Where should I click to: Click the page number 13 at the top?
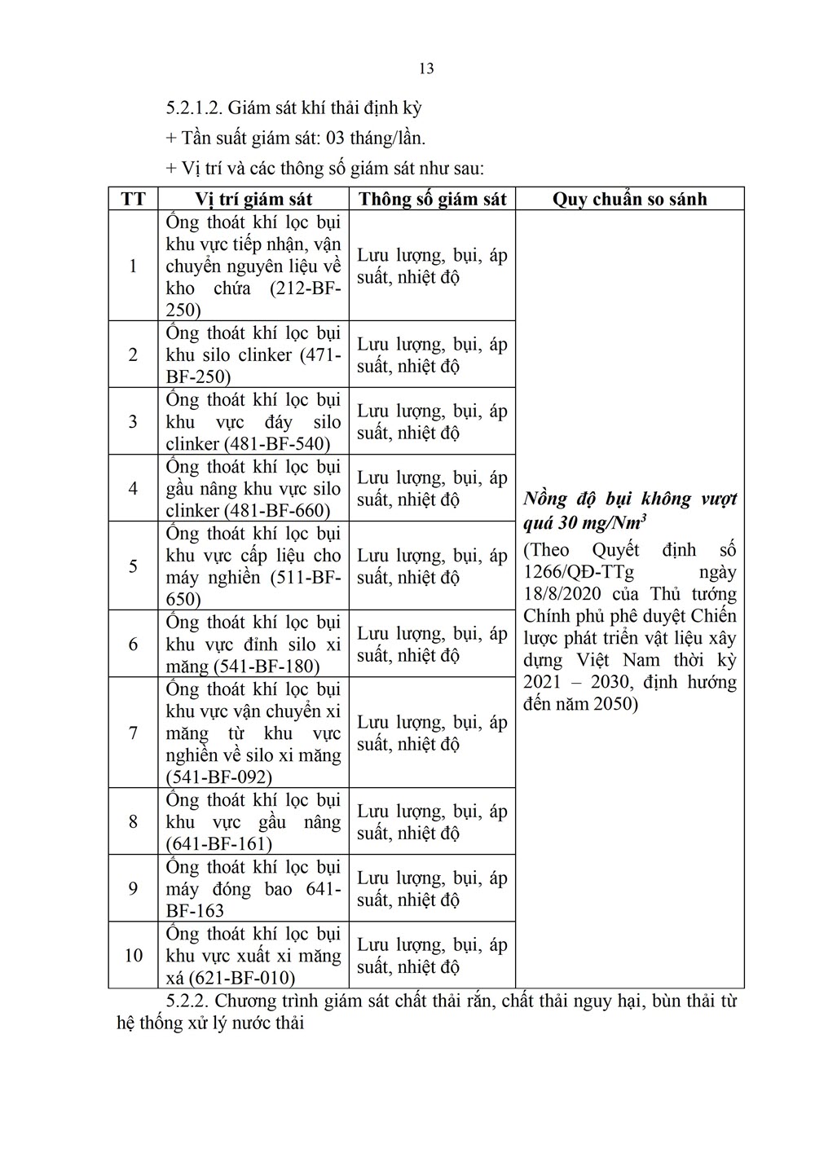coord(426,68)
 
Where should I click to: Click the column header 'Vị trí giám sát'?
coord(253,199)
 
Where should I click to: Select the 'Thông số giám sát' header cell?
coord(432,199)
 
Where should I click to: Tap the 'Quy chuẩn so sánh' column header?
coord(629,199)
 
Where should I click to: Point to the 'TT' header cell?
coord(133,199)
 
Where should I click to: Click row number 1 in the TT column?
coord(133,266)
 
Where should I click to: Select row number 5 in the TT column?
coord(133,566)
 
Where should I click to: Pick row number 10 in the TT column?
coord(133,955)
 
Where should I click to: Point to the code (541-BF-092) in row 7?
coord(219,777)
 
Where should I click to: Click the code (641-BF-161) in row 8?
coord(219,844)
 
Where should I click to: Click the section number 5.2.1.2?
coord(193,108)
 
